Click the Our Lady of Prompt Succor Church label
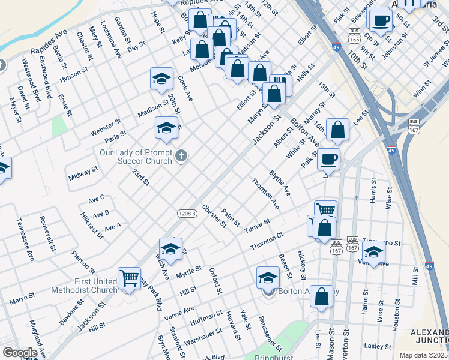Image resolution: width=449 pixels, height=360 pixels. pos(136,157)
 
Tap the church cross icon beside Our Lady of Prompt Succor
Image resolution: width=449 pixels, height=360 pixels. pos(182,157)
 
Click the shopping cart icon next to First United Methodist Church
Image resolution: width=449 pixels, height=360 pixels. pos(129,277)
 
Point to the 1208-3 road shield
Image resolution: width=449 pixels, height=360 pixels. pos(187,214)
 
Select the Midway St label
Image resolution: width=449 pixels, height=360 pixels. pos(83,174)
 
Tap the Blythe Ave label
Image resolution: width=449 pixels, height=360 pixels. pos(280,184)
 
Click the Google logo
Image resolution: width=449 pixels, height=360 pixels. pos(20,353)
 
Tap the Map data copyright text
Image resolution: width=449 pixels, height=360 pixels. pos(423,355)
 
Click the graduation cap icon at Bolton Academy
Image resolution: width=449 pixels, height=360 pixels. pos(268,278)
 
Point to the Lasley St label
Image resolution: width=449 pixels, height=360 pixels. pos(378,346)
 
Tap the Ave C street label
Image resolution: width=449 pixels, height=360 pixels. pos(96,197)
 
